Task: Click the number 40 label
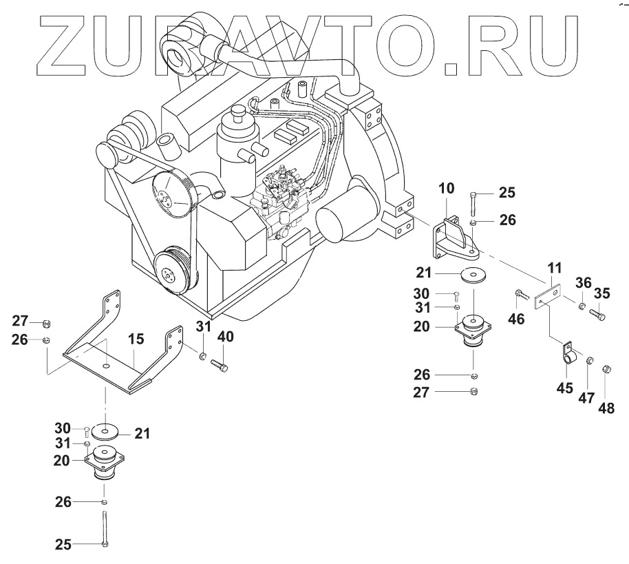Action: [x=226, y=337]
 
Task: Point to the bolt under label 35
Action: [x=597, y=315]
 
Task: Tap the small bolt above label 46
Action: [x=520, y=297]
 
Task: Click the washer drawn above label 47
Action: [x=590, y=362]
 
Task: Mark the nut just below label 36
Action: [x=582, y=305]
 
